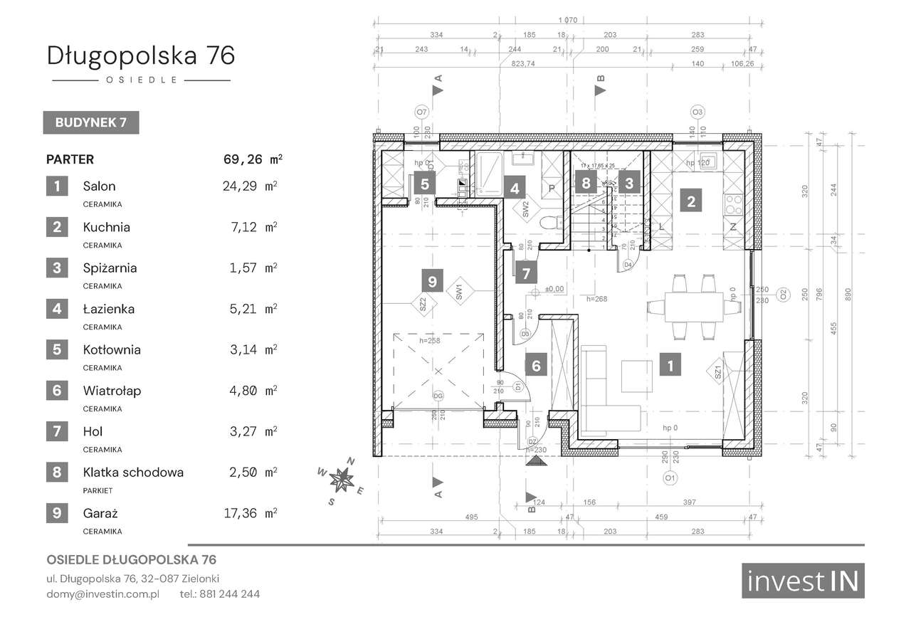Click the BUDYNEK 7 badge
(x=91, y=122)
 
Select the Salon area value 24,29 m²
(x=249, y=186)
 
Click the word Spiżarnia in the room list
(x=110, y=268)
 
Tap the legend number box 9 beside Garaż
(x=57, y=512)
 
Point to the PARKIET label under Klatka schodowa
(x=98, y=490)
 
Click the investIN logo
(x=803, y=581)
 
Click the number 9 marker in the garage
(x=432, y=281)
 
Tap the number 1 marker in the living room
(x=670, y=366)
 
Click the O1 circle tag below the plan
(x=670, y=479)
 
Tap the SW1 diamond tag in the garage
(x=459, y=291)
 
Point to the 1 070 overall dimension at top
(x=568, y=19)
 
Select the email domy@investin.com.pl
(x=103, y=593)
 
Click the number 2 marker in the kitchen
(x=690, y=201)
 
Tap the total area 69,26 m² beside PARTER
(x=252, y=159)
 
